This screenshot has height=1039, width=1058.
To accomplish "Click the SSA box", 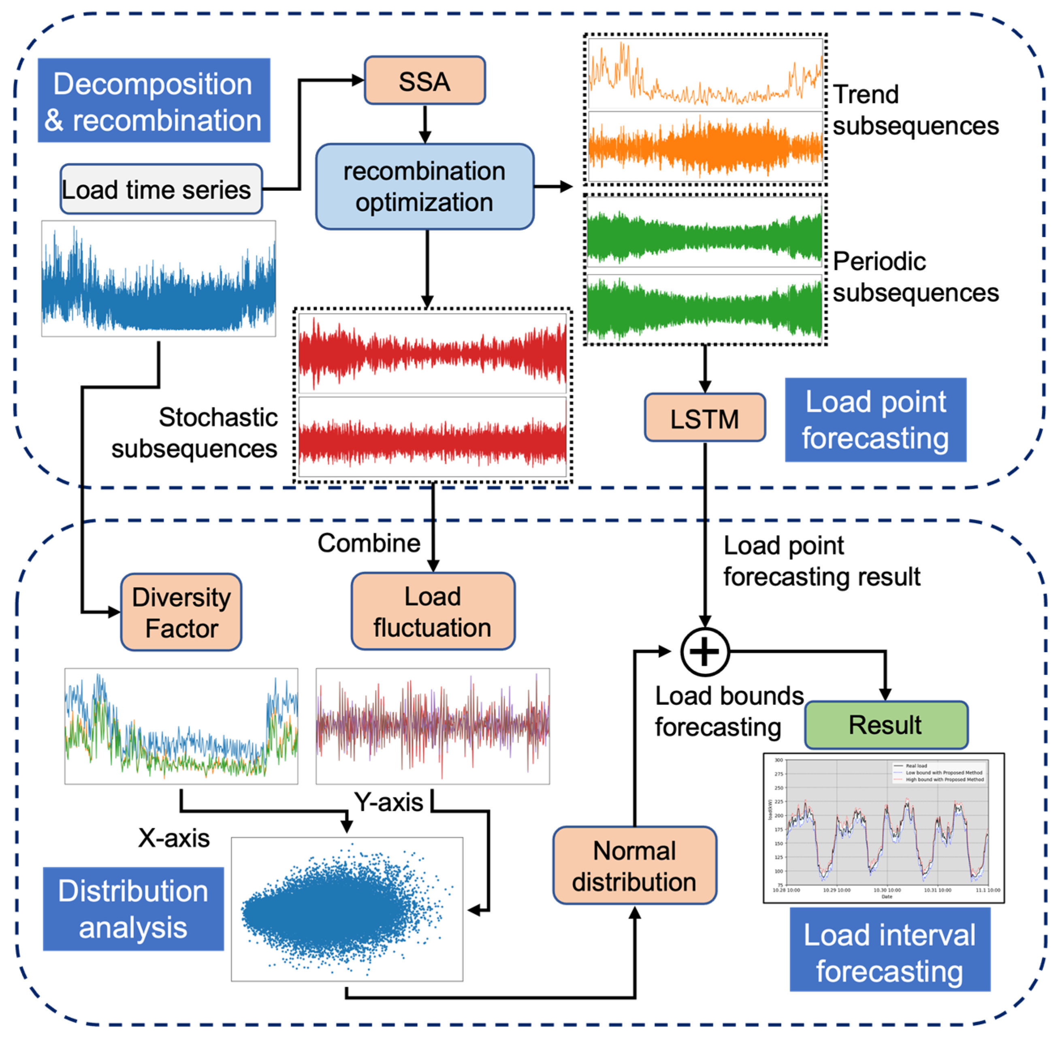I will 424,81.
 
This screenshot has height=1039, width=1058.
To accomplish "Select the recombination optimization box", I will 424,187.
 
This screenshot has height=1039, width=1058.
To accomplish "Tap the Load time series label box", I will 161,189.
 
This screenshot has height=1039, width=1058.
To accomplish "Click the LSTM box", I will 704,418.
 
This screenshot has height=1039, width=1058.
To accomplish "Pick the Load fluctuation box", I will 433,612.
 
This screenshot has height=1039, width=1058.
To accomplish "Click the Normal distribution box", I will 635,866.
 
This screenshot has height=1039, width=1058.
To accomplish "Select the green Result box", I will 885,725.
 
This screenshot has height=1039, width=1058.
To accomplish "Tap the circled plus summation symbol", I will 704,652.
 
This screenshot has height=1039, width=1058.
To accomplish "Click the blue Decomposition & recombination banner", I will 154,101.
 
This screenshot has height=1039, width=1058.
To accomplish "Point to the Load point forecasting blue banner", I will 875,420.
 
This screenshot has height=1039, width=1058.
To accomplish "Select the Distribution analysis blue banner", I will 133,909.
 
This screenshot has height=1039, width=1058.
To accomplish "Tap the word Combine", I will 369,544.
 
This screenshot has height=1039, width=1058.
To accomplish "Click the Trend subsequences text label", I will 915,110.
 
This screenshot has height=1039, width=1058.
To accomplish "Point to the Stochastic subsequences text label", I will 194,433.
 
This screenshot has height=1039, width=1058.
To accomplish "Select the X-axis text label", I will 173,838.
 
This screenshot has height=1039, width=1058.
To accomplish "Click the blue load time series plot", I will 158,278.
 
